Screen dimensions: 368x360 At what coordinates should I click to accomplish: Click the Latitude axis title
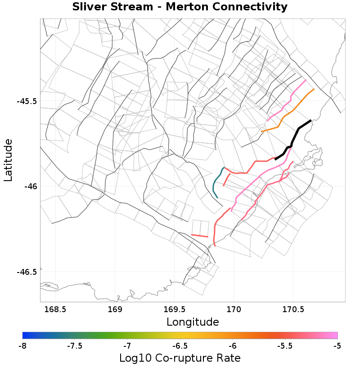click(x=8, y=160)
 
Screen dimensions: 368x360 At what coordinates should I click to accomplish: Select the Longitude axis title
click(x=193, y=322)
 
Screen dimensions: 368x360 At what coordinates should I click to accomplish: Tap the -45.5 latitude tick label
click(x=27, y=101)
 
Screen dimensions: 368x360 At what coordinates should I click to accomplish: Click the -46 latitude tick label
click(x=30, y=186)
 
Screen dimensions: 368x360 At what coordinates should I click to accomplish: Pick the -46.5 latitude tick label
click(x=27, y=272)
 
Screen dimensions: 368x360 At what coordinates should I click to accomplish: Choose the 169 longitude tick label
click(x=115, y=309)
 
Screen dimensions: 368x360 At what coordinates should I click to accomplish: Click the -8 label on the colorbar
click(x=22, y=345)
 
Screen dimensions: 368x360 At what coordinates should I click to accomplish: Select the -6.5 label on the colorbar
click(x=180, y=345)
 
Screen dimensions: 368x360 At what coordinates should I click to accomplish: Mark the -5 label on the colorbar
click(x=337, y=345)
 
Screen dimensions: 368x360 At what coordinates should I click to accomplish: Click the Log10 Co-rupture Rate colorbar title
click(x=180, y=359)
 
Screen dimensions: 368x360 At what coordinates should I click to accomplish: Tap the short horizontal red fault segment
click(x=200, y=236)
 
